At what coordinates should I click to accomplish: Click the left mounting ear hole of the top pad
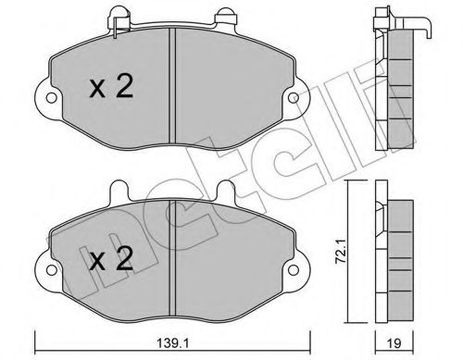[42, 96]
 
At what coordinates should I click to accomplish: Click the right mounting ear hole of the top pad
[296, 96]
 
